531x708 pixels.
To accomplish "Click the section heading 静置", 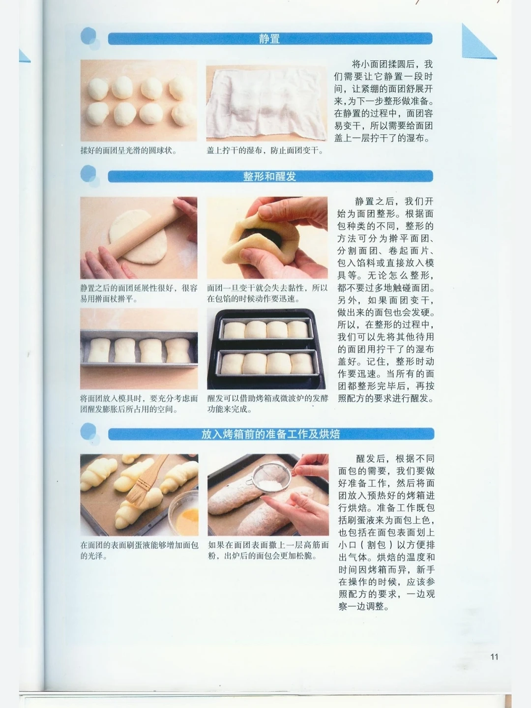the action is [269, 39].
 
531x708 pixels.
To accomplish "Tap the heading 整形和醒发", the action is [269, 177].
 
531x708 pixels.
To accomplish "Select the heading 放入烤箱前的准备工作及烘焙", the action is [270, 434].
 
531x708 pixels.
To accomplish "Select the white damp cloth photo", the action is [266, 101].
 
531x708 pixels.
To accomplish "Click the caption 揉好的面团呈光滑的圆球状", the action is [128, 150].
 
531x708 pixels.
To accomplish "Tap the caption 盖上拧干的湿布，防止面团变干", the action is [265, 150].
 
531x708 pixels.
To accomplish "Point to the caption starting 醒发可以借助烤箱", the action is [267, 404].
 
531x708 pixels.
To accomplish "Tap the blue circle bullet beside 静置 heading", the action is [89, 38].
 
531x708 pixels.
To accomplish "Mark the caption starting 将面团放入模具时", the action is [139, 404].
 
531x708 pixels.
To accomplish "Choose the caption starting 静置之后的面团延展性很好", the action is [139, 294].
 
